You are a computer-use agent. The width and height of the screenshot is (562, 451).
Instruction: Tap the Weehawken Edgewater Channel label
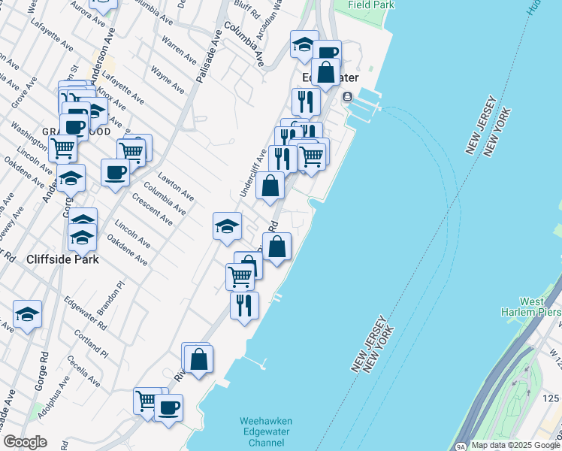[265, 432]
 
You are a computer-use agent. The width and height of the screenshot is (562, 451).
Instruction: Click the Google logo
[25, 442]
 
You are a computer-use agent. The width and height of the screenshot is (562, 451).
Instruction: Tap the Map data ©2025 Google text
[516, 445]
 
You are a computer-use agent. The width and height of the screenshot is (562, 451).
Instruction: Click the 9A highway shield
[460, 446]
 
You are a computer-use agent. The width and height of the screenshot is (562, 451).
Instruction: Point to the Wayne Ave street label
[168, 80]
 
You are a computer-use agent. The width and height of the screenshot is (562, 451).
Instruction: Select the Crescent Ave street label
[153, 210]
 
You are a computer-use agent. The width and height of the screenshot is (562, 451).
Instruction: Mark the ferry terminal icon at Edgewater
[348, 97]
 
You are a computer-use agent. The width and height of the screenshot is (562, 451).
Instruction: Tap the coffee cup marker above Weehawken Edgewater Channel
[168, 407]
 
